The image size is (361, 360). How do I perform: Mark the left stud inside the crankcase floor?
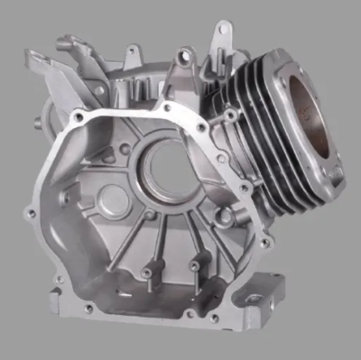(x=145, y=272)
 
